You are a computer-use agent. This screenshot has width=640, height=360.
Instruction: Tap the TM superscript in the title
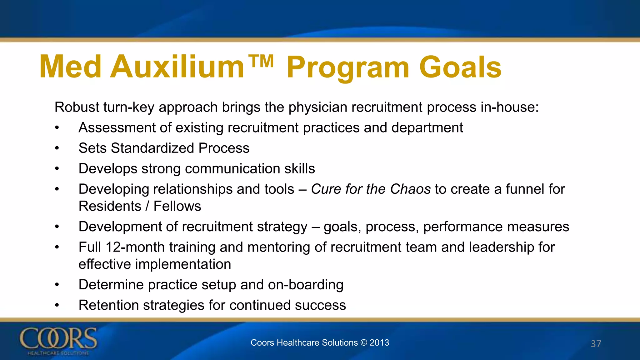[261, 61]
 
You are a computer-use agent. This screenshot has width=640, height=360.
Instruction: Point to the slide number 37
[596, 344]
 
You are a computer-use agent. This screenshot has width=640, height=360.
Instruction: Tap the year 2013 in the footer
[379, 342]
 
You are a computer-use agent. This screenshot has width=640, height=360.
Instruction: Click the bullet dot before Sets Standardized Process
[57, 148]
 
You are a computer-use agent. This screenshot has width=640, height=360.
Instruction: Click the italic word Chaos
[410, 189]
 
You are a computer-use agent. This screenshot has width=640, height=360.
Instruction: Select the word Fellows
[177, 206]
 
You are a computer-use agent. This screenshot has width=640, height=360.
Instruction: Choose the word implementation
[183, 264]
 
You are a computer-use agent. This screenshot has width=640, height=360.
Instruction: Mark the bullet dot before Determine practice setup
[57, 285]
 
